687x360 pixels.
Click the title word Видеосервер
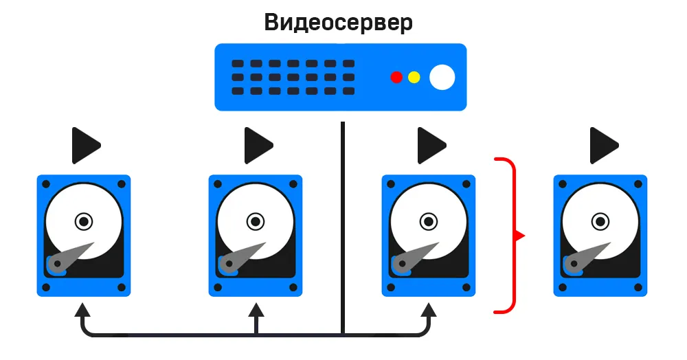coord(339,22)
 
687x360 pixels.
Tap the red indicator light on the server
coord(396,77)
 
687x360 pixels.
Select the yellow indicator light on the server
coord(414,77)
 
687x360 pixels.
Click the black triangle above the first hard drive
coord(85,145)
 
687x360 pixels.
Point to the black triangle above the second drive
coord(258,145)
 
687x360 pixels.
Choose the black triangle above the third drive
coord(431,145)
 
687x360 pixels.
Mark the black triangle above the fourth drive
coord(603,145)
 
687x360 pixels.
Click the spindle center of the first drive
coord(84,221)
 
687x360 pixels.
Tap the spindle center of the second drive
coord(256,221)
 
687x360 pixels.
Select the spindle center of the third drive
coord(429,221)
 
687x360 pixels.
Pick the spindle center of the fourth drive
coord(601,221)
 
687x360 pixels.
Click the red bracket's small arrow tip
coord(521,236)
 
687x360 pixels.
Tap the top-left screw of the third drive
coord(391,184)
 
